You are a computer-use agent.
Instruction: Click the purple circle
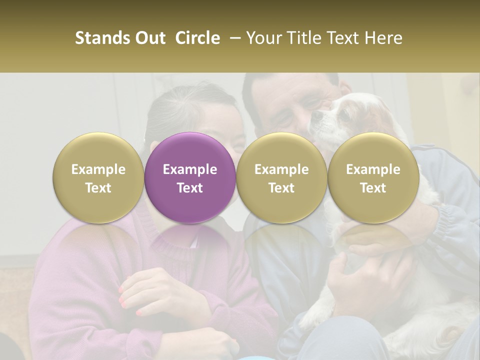tap(190, 177)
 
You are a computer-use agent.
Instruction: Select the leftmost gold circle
tap(98, 177)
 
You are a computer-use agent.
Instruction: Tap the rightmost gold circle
tap(373, 177)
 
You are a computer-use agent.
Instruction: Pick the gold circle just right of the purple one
tap(281, 177)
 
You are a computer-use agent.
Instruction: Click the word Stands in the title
tap(101, 38)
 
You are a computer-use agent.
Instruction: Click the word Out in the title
tap(149, 38)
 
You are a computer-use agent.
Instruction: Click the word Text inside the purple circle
tap(190, 188)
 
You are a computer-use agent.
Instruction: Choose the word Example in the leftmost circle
tap(98, 169)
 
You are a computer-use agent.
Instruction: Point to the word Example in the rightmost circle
tap(373, 169)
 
